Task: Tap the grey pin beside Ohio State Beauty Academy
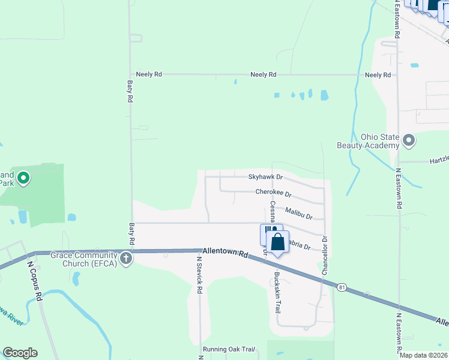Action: point(409,141)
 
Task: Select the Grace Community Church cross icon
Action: point(125,259)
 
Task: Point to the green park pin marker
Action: point(23,178)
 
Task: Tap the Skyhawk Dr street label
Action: point(265,177)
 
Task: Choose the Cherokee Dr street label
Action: point(273,193)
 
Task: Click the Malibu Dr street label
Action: point(299,213)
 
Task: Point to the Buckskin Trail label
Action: point(277,295)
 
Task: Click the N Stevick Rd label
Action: point(199,275)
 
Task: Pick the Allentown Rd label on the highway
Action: point(226,253)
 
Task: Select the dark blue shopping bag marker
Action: point(277,242)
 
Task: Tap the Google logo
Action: point(20,353)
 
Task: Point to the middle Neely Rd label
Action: point(264,74)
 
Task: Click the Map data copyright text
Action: point(423,355)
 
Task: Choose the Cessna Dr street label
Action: point(272,211)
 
